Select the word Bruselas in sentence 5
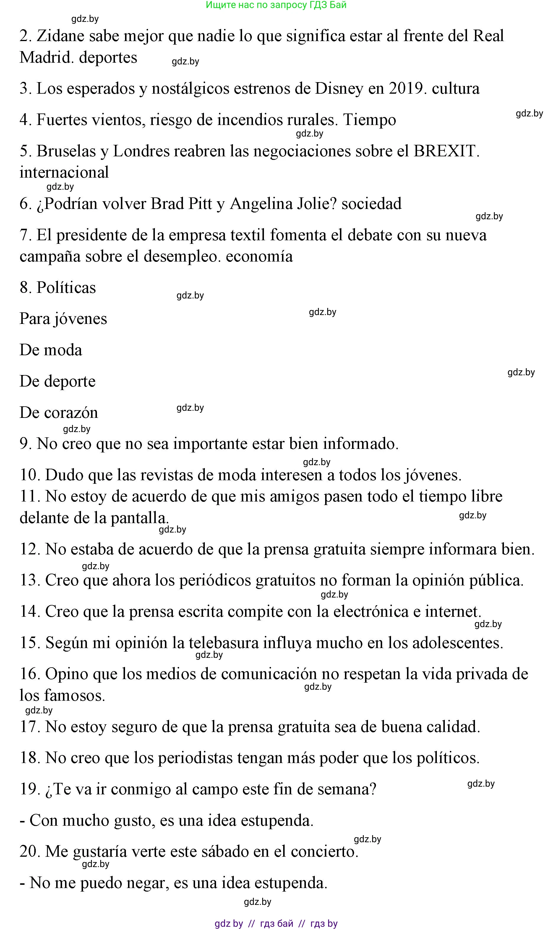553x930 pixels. coord(66,151)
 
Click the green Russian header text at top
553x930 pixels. coord(276,5)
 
